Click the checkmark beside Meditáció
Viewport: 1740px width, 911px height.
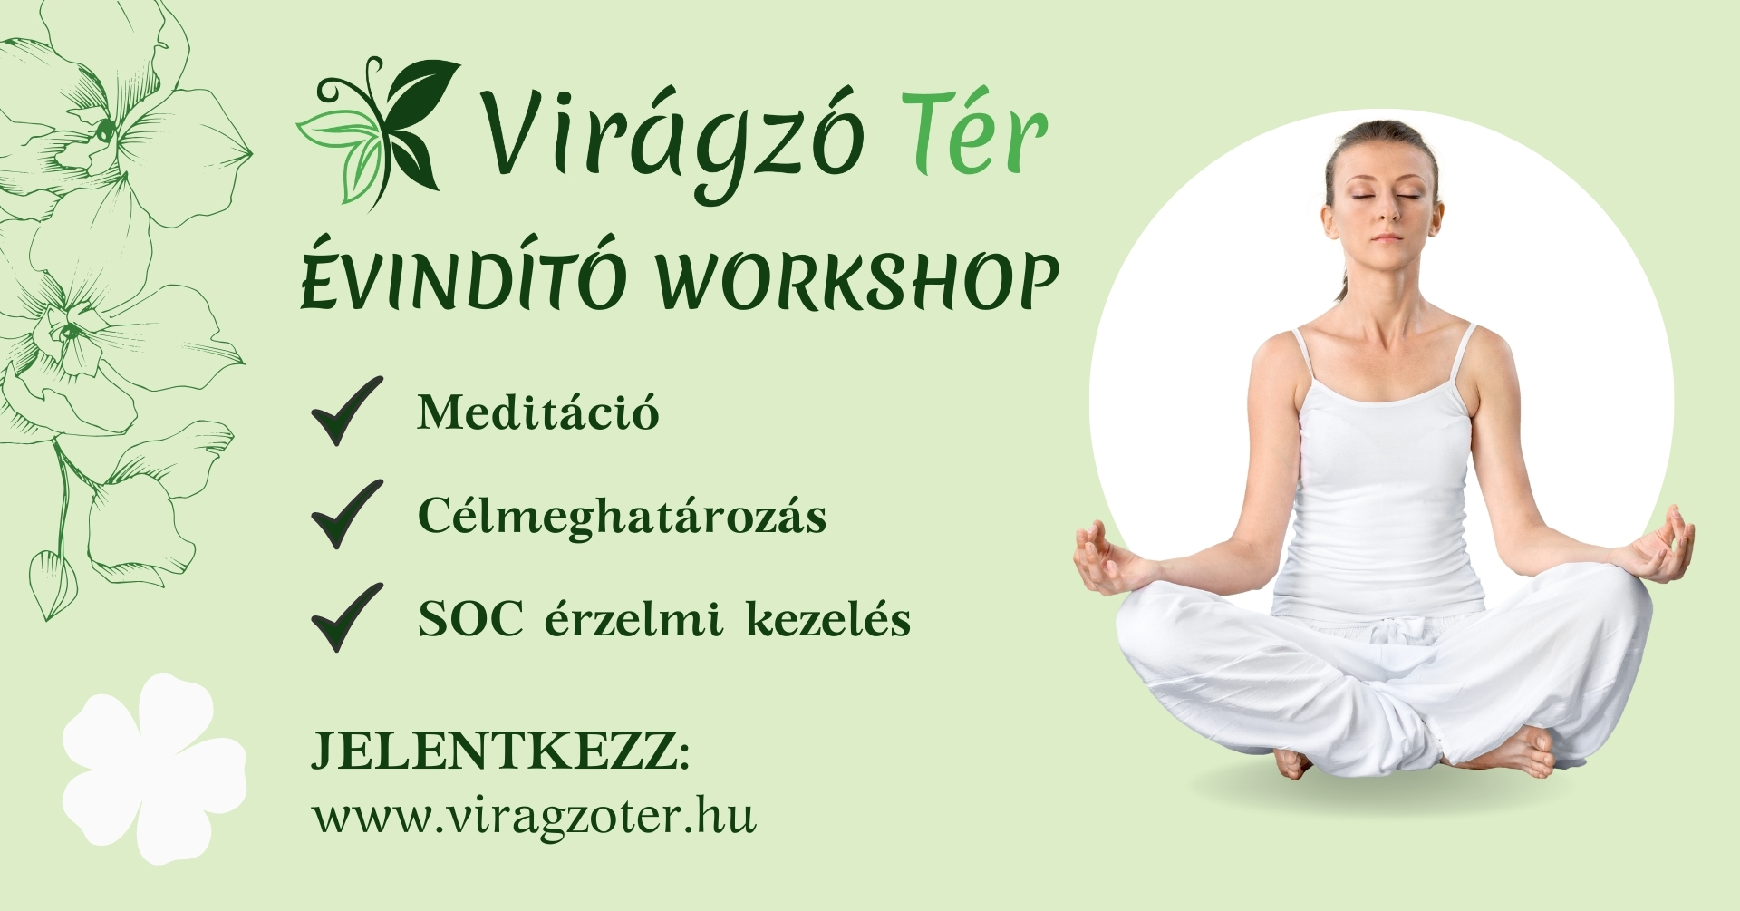pos(347,411)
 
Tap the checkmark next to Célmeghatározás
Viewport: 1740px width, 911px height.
pos(347,514)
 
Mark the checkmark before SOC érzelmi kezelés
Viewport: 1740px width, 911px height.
pos(347,617)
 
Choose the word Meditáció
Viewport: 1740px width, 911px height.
pos(537,412)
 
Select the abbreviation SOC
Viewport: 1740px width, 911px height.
pos(470,620)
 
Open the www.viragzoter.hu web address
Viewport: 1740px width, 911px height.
pos(534,816)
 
